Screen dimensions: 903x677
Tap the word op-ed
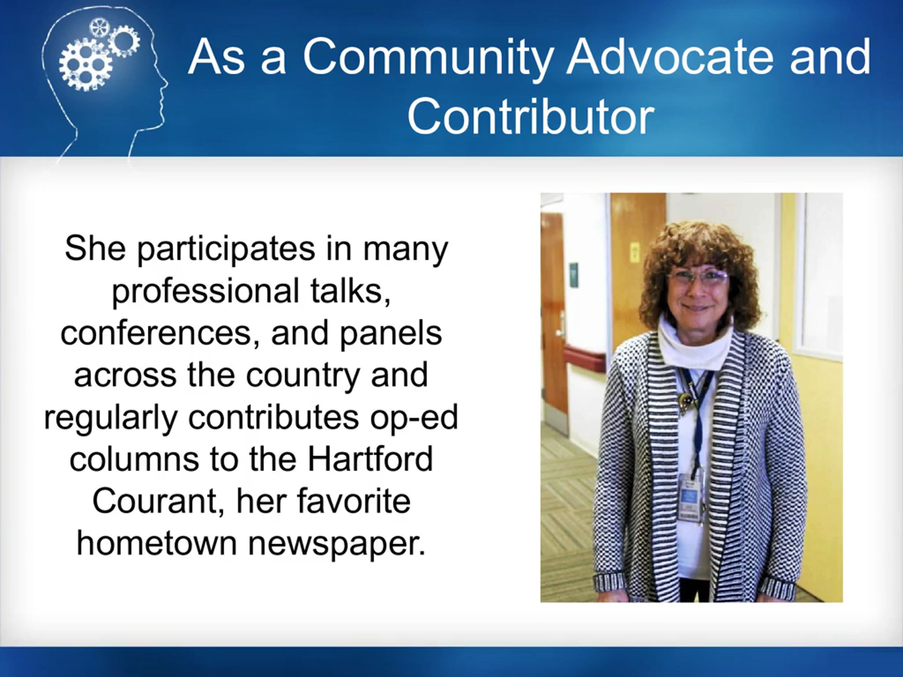414,417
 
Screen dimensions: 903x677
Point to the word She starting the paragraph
95,248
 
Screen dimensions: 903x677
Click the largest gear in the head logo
85,64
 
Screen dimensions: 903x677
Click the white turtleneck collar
696,345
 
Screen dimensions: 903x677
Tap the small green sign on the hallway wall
574,273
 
